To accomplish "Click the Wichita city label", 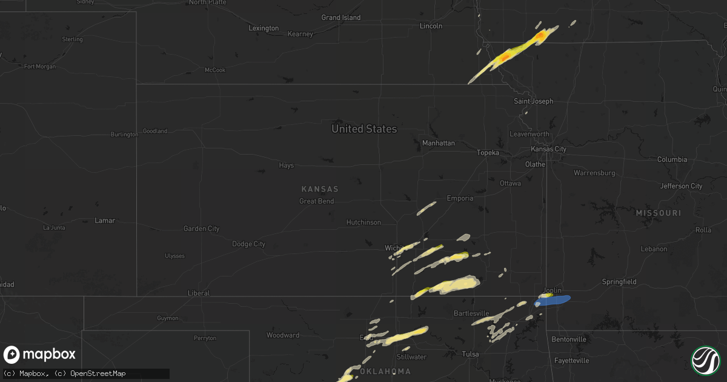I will (395, 248).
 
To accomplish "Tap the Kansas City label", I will (548, 149).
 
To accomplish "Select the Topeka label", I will (488, 153).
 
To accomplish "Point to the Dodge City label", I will (248, 244).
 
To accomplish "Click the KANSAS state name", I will (320, 189).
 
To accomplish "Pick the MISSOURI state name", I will (658, 213).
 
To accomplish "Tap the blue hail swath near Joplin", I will (554, 300).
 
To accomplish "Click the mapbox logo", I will (40, 355).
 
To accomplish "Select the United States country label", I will (364, 129).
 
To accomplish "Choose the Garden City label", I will (201, 229).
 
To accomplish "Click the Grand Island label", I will (340, 18).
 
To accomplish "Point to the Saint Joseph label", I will (533, 101).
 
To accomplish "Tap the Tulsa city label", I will (470, 354).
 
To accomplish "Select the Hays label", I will (286, 165).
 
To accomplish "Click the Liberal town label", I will (199, 293).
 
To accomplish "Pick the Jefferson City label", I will (682, 186).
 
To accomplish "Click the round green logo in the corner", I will (705, 360).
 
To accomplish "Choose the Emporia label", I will (460, 198).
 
